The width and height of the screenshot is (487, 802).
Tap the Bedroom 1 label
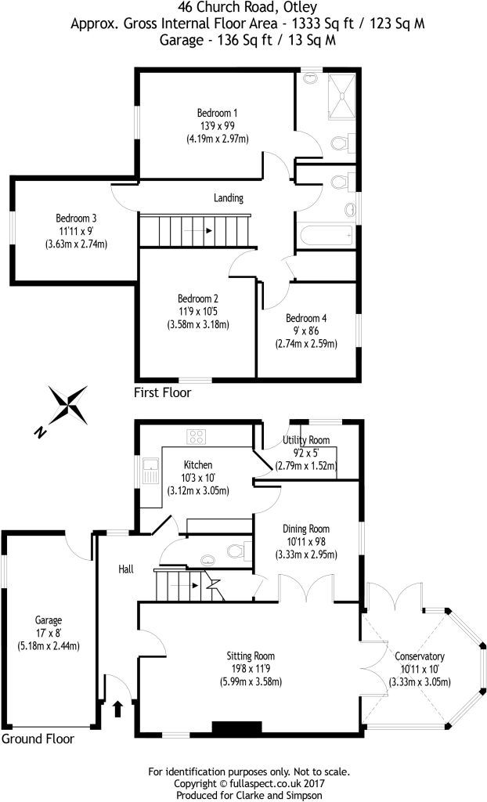(x=218, y=113)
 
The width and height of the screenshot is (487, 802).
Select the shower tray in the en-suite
(x=341, y=97)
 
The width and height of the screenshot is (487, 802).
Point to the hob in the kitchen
(x=197, y=436)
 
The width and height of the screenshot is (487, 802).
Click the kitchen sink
(x=151, y=471)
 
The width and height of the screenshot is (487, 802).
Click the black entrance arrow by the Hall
(x=117, y=709)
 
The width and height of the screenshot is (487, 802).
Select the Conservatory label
(x=420, y=656)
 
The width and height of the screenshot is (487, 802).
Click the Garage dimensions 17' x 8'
(x=49, y=633)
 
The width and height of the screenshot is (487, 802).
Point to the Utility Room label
(x=306, y=440)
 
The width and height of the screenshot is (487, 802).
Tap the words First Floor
(x=162, y=393)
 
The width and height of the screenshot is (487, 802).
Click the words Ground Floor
(x=38, y=739)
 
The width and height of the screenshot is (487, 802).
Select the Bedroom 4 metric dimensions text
(x=306, y=344)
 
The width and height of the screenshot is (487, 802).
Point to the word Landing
(x=229, y=198)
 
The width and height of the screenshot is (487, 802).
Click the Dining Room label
(x=306, y=529)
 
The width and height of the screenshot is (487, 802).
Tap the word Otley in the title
(x=299, y=8)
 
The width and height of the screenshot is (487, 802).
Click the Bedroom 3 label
(x=76, y=219)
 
